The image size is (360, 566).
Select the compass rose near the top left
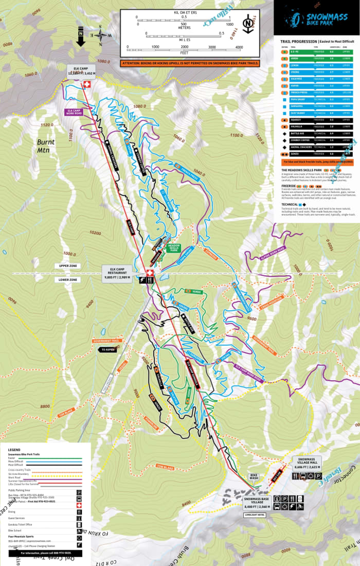click(101, 36)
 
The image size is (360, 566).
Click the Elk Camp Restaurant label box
click(117, 272)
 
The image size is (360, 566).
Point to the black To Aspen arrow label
click(109, 349)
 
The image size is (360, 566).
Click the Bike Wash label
click(254, 476)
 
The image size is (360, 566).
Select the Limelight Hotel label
click(255, 514)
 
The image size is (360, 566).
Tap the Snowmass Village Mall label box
click(308, 463)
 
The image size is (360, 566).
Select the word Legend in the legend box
click(14, 449)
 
